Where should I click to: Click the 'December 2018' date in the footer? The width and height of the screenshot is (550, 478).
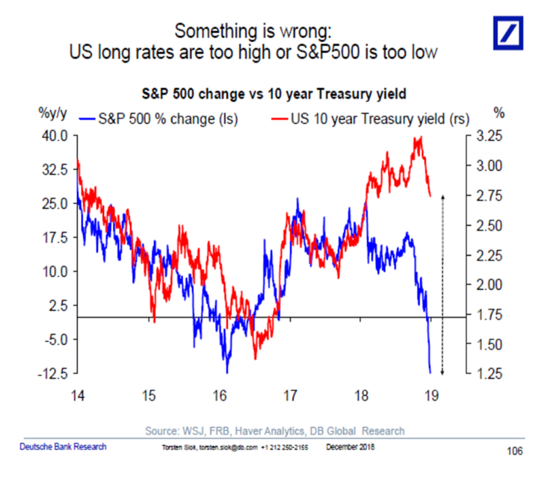click(x=351, y=447)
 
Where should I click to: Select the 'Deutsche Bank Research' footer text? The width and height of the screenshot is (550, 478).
click(x=62, y=447)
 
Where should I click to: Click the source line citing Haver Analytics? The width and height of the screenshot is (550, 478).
click(x=275, y=430)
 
